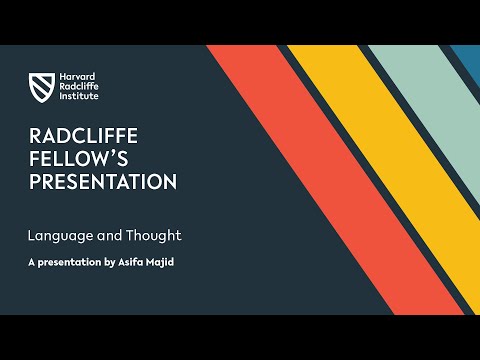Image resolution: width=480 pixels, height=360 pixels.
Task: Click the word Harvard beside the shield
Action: point(74,76)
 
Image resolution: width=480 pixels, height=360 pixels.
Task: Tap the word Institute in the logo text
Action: point(75,96)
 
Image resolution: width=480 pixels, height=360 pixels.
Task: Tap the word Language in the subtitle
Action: point(59,237)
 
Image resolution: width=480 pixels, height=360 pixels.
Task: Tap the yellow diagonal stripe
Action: point(400,160)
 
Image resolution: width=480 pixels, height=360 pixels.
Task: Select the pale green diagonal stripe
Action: point(430,110)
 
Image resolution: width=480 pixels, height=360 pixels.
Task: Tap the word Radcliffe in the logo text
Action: point(77,86)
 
